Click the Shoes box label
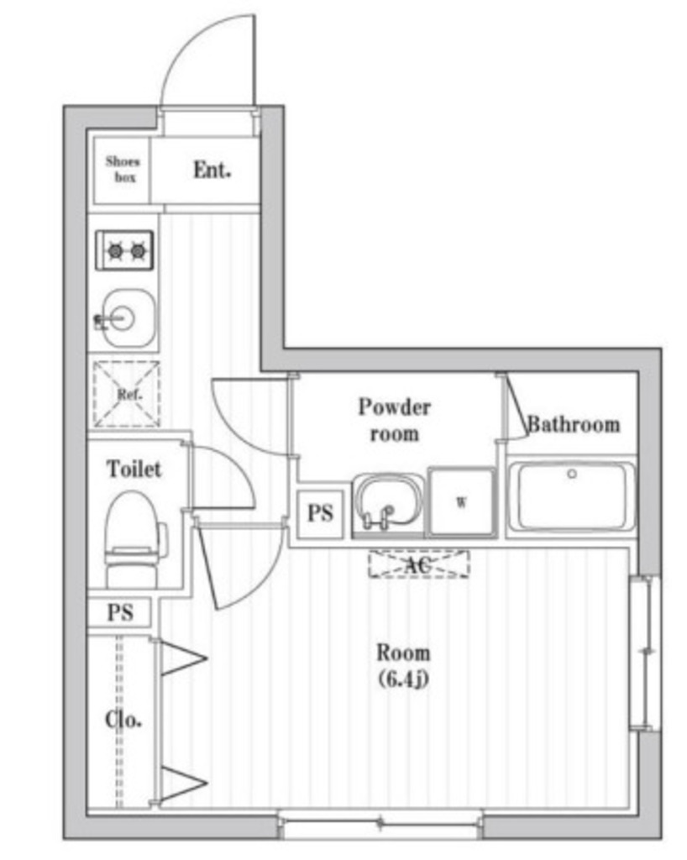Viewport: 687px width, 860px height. [123, 169]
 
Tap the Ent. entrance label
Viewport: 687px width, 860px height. [212, 170]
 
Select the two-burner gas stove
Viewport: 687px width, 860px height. [124, 250]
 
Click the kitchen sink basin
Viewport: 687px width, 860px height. [129, 318]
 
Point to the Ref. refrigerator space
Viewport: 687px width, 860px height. [127, 394]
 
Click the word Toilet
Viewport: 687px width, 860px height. [134, 469]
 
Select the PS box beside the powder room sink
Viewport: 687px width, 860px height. [320, 514]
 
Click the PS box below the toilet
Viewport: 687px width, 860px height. [120, 612]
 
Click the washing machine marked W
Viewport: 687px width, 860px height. [462, 501]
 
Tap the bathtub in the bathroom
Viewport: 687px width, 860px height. [571, 496]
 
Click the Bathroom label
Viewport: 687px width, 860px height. [574, 424]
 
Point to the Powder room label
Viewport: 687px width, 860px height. [394, 420]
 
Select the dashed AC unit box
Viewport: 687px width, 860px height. [419, 564]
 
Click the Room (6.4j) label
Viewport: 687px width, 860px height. [403, 665]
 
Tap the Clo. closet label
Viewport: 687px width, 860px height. [123, 719]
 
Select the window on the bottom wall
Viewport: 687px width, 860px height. [380, 824]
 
